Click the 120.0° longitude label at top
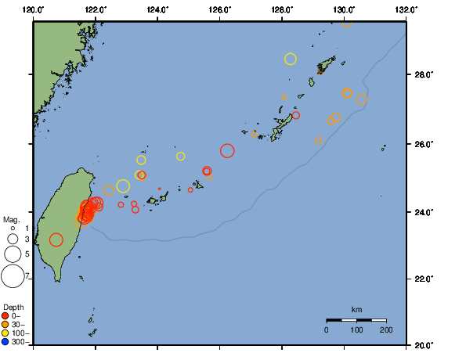[x=34, y=9]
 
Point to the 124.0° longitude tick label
[x=157, y=9]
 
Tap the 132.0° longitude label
[x=406, y=9]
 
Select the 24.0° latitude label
[x=424, y=212]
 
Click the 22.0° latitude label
[x=424, y=279]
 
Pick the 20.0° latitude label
[x=424, y=344]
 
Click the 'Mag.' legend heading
[x=11, y=219]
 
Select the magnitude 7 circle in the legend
[x=13, y=275]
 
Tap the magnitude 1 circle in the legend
[x=13, y=228]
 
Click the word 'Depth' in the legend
[x=13, y=306]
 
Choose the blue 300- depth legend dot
[x=5, y=341]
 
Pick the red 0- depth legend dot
[x=5, y=315]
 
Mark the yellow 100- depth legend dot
[x=5, y=333]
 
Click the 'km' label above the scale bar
[x=356, y=310]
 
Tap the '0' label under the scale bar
[x=327, y=330]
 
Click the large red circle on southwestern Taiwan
[x=56, y=239]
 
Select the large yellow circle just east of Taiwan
[x=123, y=186]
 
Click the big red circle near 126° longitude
[x=227, y=150]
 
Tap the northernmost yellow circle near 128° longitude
[x=291, y=59]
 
